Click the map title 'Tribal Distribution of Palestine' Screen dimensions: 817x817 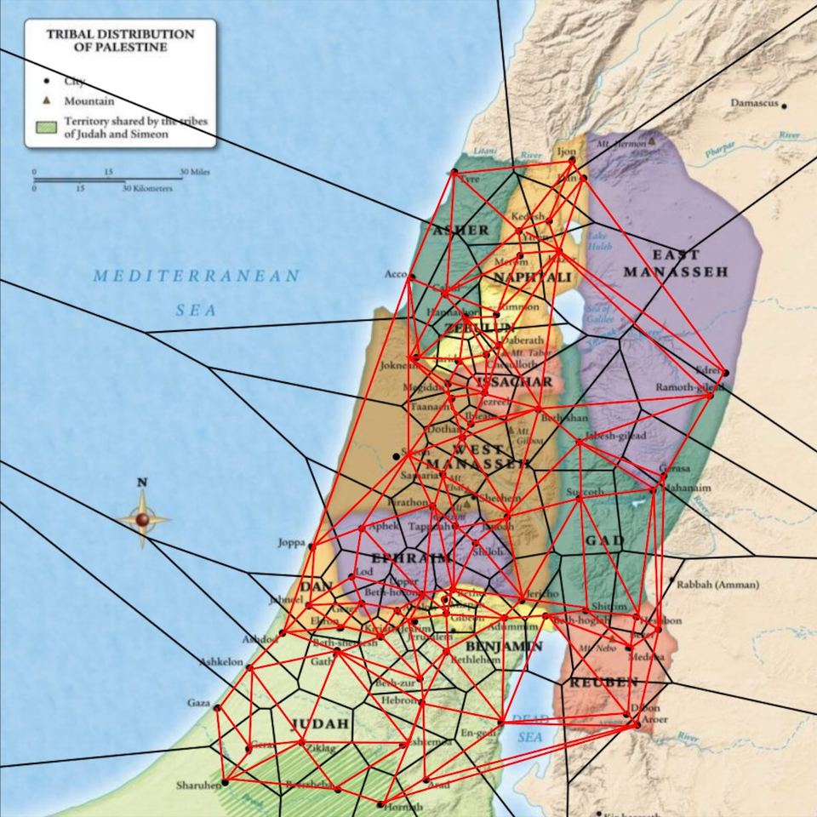tap(119, 41)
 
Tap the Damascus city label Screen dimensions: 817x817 tap(754, 103)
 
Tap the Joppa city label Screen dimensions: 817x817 tap(291, 542)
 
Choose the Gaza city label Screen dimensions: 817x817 tap(198, 703)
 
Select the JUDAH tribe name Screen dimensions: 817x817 tap(320, 724)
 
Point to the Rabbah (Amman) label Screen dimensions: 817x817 tap(712, 585)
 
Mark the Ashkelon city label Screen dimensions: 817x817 tap(221, 661)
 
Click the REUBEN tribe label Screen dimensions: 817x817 tap(603, 683)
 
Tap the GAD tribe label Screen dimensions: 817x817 tap(604, 541)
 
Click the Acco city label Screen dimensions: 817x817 tap(396, 274)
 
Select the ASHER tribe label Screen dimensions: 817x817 tap(461, 230)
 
